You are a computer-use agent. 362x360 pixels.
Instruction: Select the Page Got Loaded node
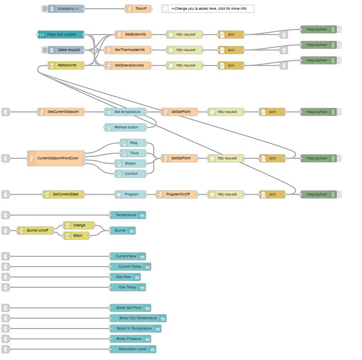(x=61, y=35)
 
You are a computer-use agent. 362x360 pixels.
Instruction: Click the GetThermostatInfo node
(x=130, y=50)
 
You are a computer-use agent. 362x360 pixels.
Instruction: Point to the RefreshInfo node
(x=67, y=66)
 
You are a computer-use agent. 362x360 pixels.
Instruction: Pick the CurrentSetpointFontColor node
(x=56, y=158)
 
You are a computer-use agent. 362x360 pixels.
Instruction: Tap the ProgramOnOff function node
(x=177, y=194)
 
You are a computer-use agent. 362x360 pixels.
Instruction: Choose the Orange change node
(x=79, y=225)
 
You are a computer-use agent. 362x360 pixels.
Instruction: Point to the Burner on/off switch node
(x=36, y=231)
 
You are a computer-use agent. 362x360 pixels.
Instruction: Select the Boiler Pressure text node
(x=130, y=339)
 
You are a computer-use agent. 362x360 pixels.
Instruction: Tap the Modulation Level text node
(x=133, y=349)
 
